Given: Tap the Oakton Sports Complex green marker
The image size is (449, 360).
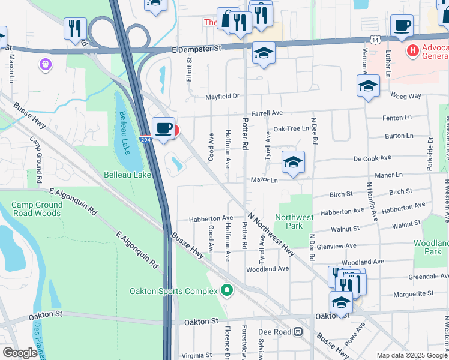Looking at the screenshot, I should tap(226, 291).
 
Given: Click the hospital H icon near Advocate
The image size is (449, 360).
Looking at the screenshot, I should tap(412, 51).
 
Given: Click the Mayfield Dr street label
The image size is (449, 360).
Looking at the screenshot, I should tap(222, 96).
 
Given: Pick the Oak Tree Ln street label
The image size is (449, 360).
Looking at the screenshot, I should tap(291, 129).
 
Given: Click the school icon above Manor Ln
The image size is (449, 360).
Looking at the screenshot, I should tap(293, 162).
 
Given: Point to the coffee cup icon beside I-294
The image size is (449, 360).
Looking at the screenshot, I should tap(163, 128).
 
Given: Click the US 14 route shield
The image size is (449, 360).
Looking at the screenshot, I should tap(375, 40).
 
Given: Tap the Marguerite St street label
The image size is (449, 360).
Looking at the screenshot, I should tap(413, 294).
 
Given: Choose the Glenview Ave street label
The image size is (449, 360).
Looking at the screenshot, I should tap(338, 246).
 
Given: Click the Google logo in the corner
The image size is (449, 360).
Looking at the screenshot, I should tap(20, 353).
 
